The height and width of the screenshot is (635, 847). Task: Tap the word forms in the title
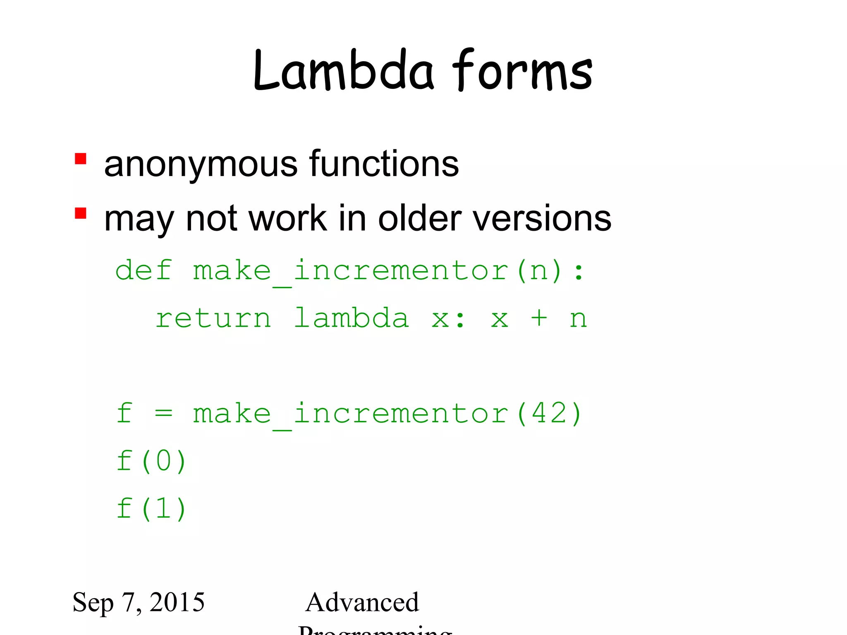[522, 71]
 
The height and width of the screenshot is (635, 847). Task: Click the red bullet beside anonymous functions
[81, 159]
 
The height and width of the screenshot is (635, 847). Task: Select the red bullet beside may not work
[81, 213]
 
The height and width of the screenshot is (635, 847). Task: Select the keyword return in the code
[213, 318]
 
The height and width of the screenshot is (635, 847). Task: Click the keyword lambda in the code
[352, 318]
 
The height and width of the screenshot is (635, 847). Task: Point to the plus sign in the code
[539, 318]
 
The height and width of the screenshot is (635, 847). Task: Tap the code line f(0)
[151, 461]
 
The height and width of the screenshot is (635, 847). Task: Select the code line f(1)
[151, 508]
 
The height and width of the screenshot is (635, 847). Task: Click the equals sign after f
[163, 413]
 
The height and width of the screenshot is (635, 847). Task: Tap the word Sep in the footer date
[93, 603]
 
